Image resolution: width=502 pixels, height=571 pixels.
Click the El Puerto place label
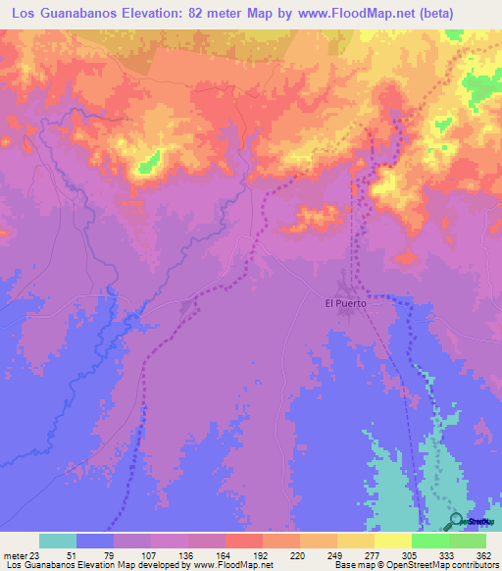coord(345,303)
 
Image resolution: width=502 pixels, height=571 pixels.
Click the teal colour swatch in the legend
coord(58,541)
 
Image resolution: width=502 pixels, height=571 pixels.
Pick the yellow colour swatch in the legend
coord(392,541)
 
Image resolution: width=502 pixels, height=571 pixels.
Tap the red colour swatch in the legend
coord(243,541)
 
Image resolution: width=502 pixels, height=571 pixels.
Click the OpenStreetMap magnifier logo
coord(457,520)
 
